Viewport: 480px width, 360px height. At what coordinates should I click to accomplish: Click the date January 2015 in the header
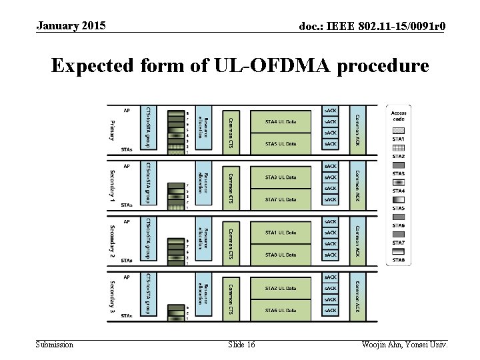pyautogui.click(x=71, y=26)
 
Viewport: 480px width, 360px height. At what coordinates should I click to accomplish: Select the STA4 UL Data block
pyautogui.click(x=280, y=121)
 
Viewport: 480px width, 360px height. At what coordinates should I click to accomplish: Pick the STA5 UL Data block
pyautogui.click(x=280, y=143)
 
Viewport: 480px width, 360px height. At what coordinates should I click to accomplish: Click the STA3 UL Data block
pyautogui.click(x=280, y=177)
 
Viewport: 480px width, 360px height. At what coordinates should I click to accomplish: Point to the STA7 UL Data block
pyautogui.click(x=280, y=199)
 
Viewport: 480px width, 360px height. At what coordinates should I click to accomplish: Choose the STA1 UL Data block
pyautogui.click(x=280, y=233)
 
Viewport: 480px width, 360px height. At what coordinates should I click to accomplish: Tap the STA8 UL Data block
pyautogui.click(x=280, y=255)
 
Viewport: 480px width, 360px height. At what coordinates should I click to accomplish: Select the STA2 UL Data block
pyautogui.click(x=280, y=288)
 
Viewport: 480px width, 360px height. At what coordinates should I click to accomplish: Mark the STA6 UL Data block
pyautogui.click(x=280, y=310)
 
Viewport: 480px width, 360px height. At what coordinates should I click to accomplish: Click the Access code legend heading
pyautogui.click(x=399, y=116)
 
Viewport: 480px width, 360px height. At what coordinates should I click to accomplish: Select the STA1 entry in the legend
pyautogui.click(x=399, y=139)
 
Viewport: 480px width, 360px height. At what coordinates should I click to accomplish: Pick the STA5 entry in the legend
pyautogui.click(x=399, y=208)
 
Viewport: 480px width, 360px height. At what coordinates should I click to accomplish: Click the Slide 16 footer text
pyautogui.click(x=241, y=345)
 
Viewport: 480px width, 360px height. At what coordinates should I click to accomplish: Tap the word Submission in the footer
pyautogui.click(x=55, y=345)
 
